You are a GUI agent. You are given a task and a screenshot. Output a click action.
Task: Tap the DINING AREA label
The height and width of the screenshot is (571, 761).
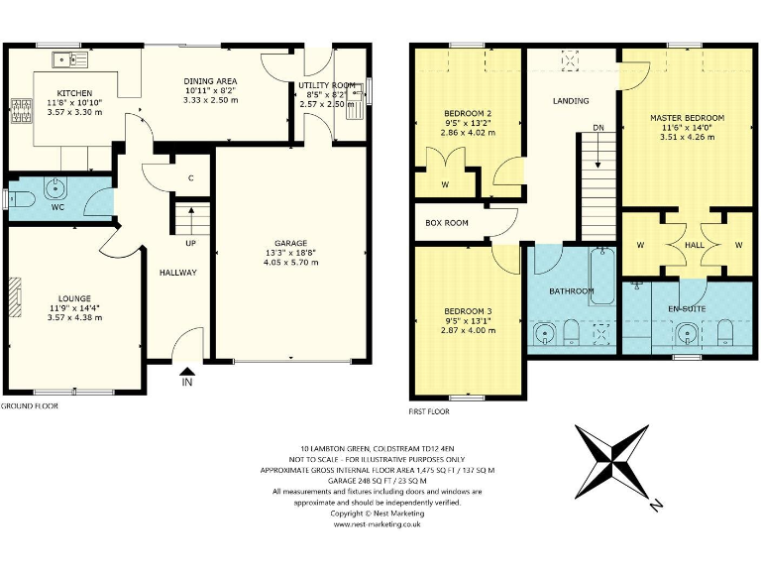pos(209,81)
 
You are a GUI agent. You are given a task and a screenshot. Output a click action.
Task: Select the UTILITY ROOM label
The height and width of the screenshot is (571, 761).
pos(327,86)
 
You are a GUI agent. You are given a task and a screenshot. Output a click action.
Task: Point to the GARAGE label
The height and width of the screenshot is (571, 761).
pos(290,244)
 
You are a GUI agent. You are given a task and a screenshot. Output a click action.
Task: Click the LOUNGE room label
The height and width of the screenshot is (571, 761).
pos(74,298)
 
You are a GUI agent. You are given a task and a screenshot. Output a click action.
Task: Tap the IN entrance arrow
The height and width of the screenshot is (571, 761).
pos(187,378)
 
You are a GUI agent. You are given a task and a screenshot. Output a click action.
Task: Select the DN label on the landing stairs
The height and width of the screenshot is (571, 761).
pos(598,128)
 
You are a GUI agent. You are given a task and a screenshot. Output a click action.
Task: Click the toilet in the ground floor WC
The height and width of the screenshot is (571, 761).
pos(22,199)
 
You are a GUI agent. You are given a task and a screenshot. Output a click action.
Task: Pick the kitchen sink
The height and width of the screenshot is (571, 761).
pos(72,59)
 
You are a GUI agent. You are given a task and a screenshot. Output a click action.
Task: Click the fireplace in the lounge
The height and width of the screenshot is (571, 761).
pos(14,295)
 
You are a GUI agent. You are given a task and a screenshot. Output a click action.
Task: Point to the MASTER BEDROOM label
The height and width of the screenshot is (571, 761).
pos(687,118)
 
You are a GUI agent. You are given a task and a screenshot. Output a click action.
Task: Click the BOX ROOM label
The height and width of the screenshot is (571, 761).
pos(447,224)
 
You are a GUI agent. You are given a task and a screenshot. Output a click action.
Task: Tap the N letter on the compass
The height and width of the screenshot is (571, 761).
pos(656,506)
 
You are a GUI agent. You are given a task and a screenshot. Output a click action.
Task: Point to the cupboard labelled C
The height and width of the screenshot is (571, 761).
pos(190,179)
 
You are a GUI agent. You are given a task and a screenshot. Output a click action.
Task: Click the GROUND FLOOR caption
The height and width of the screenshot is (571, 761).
pos(30,406)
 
